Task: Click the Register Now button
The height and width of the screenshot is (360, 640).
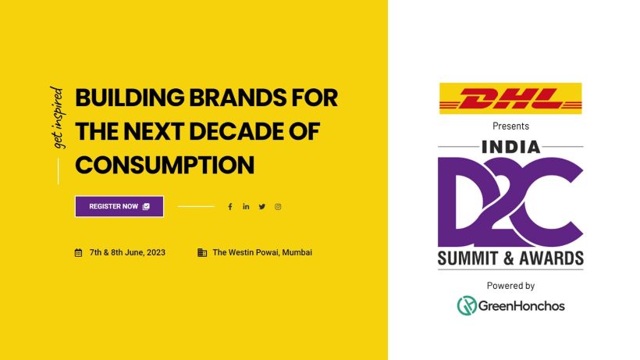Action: [x=119, y=206]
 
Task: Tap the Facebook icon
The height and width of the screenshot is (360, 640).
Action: [x=230, y=207]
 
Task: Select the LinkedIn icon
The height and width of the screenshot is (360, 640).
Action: [x=246, y=206]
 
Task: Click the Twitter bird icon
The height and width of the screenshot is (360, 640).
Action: [x=262, y=206]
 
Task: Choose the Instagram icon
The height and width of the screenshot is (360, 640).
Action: [x=278, y=207]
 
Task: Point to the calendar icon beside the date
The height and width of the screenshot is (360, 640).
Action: [x=78, y=253]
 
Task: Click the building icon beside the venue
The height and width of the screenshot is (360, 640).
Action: [x=202, y=253]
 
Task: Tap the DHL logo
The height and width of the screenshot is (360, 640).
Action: [x=510, y=98]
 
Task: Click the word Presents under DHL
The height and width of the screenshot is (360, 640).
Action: [x=510, y=127]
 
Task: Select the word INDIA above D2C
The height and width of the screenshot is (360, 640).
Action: [x=511, y=147]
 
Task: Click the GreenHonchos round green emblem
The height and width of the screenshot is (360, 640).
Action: [x=467, y=305]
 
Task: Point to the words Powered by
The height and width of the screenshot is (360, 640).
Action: [x=510, y=286]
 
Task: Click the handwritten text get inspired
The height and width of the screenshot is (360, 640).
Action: [x=58, y=118]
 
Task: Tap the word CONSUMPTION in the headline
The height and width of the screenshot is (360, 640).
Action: [x=165, y=166]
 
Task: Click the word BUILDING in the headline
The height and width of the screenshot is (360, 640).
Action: [x=130, y=98]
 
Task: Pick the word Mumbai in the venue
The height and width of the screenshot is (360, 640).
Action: [x=297, y=253]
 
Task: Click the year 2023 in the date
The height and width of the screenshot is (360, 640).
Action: [x=156, y=253]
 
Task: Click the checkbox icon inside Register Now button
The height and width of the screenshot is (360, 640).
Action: [x=146, y=206]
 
